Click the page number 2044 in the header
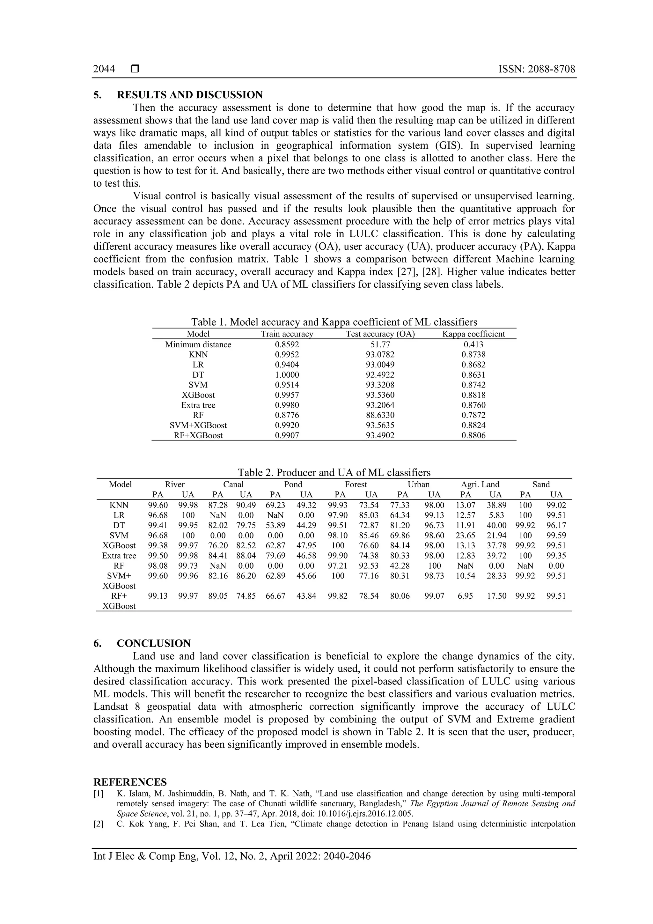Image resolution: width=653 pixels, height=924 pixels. pos(104,69)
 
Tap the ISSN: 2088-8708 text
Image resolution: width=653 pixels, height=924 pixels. pos(536,69)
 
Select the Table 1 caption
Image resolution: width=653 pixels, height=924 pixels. pos(334,322)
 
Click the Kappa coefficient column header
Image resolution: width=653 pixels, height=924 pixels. pos(473,334)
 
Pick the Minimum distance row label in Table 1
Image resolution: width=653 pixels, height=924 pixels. pos(198,344)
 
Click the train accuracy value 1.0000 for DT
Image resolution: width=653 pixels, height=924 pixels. pos(287,375)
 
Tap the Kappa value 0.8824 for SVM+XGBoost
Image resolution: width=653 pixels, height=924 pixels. pos(473,425)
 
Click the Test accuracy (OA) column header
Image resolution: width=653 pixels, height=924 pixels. pos(380,334)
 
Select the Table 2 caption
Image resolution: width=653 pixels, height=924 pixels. pos(334,472)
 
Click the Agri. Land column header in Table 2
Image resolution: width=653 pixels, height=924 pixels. pos(480,484)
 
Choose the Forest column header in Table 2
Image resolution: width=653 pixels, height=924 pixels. pos(356,484)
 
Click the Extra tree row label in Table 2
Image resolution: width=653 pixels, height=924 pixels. pos(119,556)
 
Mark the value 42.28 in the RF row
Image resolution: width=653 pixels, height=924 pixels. pos(400,566)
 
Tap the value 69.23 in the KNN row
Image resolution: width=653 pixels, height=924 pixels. pos(275,506)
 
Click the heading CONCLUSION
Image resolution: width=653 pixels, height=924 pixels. pos(153,643)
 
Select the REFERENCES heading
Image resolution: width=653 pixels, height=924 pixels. pos(130,782)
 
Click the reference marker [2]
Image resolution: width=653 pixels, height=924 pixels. pos(98,824)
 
